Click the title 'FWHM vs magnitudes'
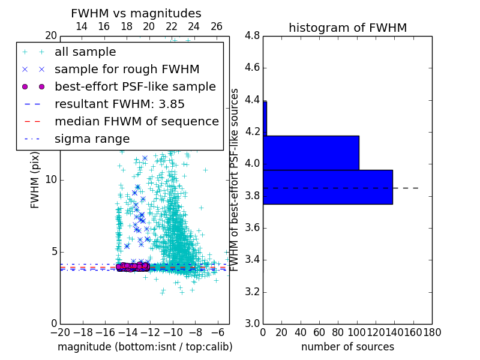pyautogui.click(x=136, y=13)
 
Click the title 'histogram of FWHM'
pyautogui.click(x=347, y=28)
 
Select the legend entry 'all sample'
pyautogui.click(x=85, y=52)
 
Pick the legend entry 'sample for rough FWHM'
pyautogui.click(x=127, y=70)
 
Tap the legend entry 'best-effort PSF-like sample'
pyautogui.click(x=135, y=87)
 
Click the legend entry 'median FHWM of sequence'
pyautogui.click(x=136, y=122)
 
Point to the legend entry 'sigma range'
pyautogui.click(x=92, y=139)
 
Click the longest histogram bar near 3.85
pyautogui.click(x=328, y=187)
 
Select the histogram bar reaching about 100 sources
pyautogui.click(x=311, y=153)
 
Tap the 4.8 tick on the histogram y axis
pyautogui.click(x=253, y=35)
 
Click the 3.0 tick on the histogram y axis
pyautogui.click(x=253, y=323)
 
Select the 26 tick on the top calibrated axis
pyautogui.click(x=217, y=26)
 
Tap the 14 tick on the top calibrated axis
pyautogui.click(x=82, y=26)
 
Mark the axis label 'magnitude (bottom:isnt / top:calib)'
pyautogui.click(x=145, y=347)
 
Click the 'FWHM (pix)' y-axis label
pyautogui.click(x=35, y=180)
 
